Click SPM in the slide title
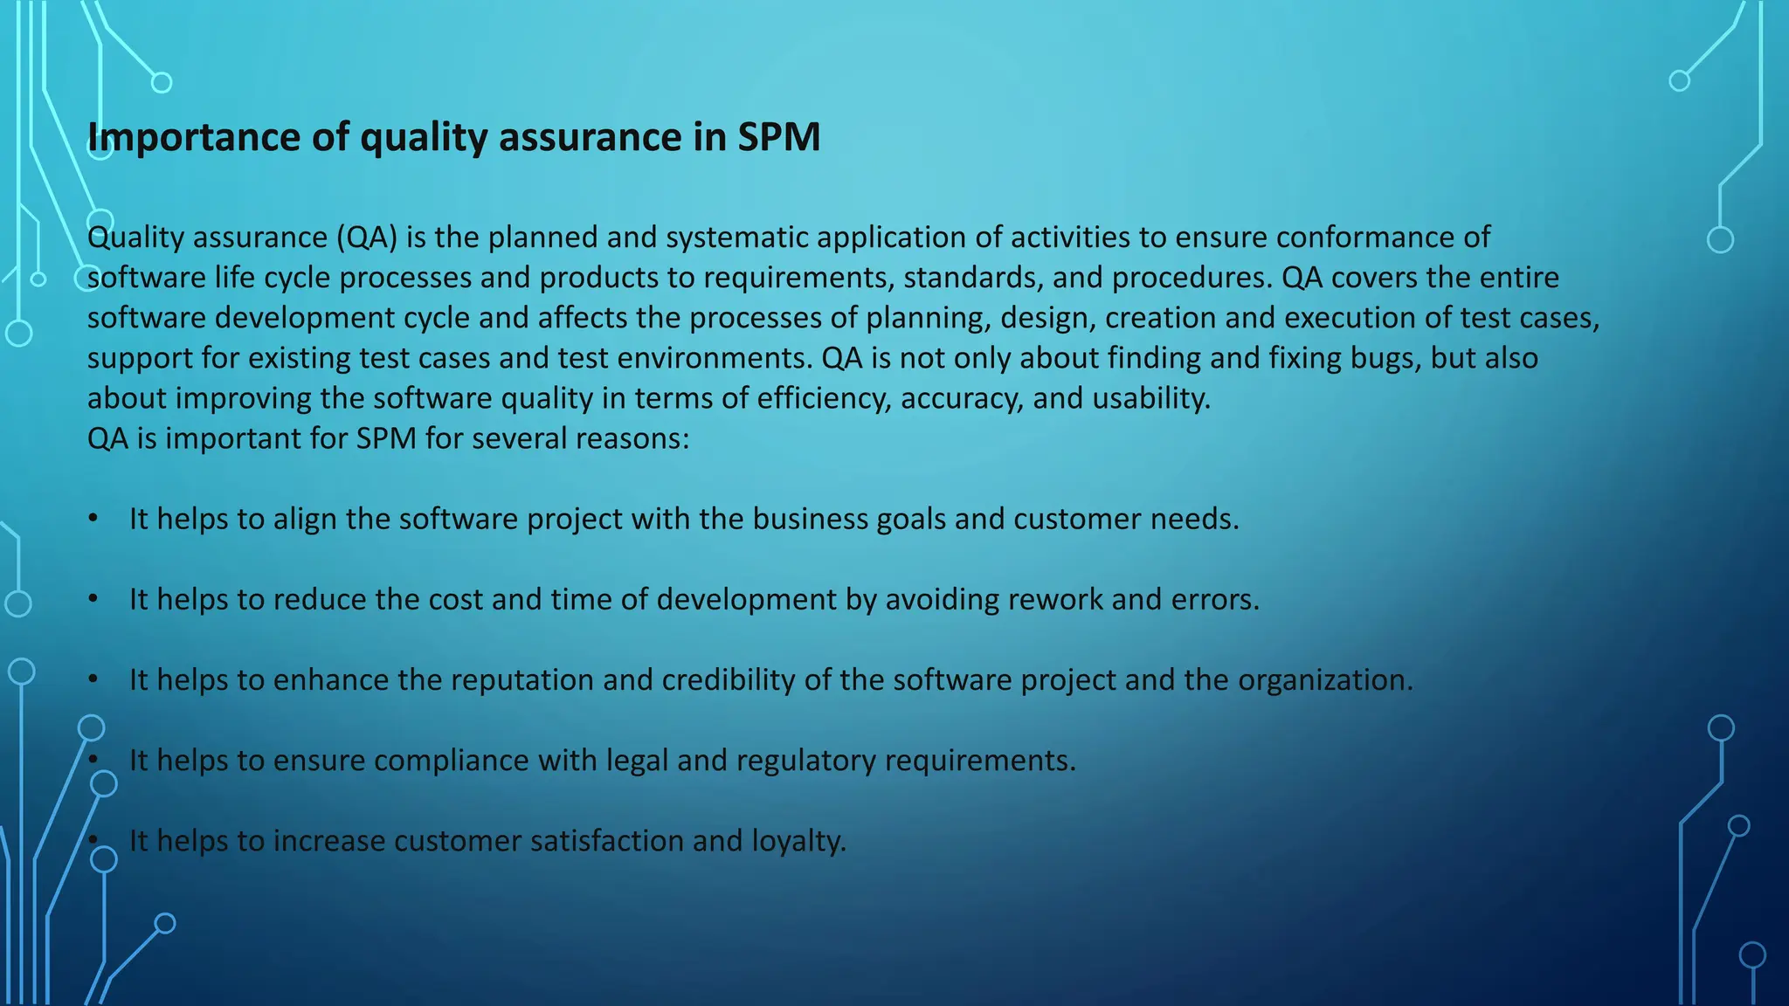[x=778, y=138]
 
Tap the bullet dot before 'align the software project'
[x=93, y=519]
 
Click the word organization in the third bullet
[x=1324, y=679]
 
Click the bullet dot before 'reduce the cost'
[x=93, y=599]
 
